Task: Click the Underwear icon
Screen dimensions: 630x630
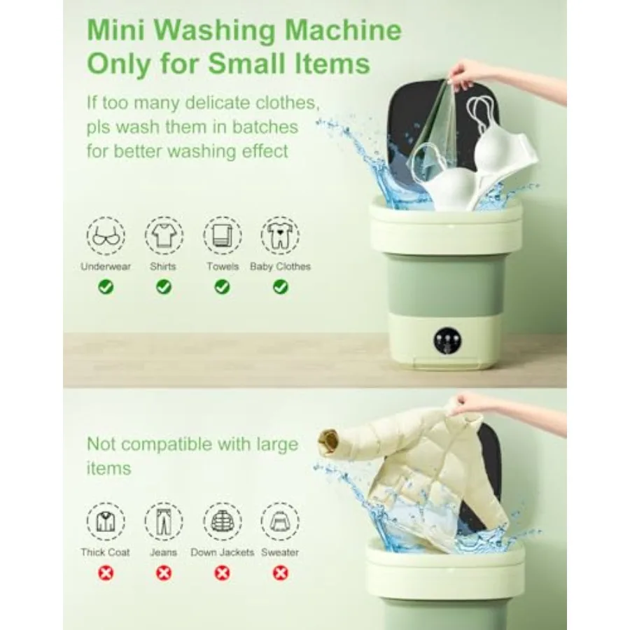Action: click(x=106, y=236)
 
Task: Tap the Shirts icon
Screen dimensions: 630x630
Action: click(x=164, y=236)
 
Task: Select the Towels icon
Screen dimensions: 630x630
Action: click(x=222, y=236)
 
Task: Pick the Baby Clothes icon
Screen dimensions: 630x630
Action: click(x=280, y=236)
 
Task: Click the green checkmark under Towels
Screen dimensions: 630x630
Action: click(x=222, y=286)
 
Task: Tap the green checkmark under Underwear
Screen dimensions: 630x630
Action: click(x=106, y=286)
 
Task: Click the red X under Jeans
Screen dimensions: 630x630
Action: click(x=164, y=573)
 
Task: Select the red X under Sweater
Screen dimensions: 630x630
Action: click(x=280, y=573)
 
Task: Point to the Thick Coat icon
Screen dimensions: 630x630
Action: click(x=106, y=521)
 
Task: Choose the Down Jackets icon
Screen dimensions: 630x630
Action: click(x=222, y=521)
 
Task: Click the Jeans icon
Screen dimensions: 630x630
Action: click(x=164, y=521)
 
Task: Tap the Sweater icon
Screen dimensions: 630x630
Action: click(x=280, y=521)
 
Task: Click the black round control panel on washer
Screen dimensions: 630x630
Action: click(x=446, y=341)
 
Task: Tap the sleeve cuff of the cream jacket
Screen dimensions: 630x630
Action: click(x=328, y=441)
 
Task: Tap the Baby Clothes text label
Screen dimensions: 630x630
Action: click(x=280, y=267)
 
